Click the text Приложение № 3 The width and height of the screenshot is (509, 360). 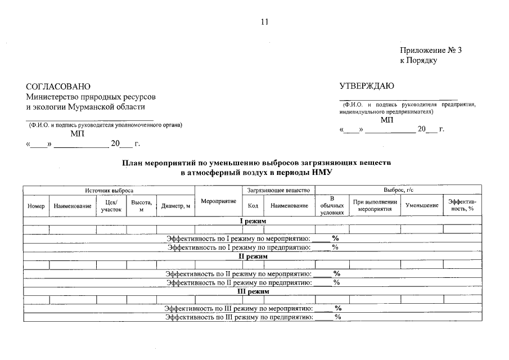point(431,50)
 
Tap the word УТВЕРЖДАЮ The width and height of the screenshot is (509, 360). point(367,85)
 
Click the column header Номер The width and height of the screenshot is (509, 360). point(36,206)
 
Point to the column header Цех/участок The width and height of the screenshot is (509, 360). point(111,206)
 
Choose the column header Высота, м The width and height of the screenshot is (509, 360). point(141,206)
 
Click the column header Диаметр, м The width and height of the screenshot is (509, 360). point(175,206)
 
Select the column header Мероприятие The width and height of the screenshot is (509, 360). point(218,201)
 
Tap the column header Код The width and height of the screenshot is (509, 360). point(253,206)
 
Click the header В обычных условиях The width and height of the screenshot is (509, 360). point(332,206)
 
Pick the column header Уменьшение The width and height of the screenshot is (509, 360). point(422,206)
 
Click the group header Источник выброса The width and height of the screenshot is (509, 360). point(109,191)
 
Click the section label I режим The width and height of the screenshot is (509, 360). point(253,221)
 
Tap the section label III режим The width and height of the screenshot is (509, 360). point(253,291)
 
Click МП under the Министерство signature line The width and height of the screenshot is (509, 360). point(77,134)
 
